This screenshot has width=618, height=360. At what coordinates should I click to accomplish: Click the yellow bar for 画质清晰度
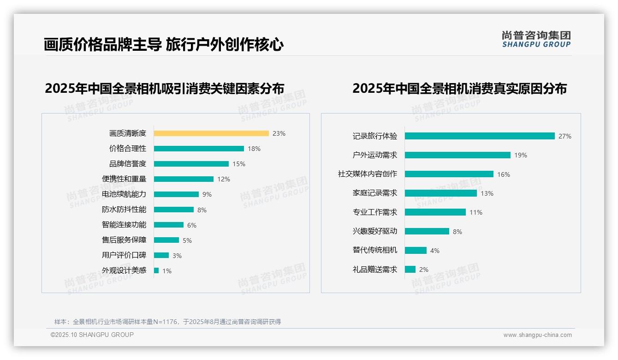pos(211,133)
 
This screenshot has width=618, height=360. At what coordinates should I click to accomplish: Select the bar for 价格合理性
pos(199,149)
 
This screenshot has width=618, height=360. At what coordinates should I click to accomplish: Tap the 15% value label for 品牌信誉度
pos(239,164)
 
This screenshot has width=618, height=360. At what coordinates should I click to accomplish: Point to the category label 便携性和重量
pos(124,179)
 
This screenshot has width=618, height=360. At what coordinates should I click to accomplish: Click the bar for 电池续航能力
pos(176,194)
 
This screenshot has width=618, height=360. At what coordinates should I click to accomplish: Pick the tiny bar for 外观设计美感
pos(156,270)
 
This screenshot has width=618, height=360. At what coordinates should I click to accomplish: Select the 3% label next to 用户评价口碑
pos(177,256)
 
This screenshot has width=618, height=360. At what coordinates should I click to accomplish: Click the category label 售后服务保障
pos(124,240)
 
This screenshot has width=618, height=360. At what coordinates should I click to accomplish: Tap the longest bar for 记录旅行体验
pos(480,136)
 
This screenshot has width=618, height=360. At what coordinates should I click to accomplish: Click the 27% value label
pos(565,136)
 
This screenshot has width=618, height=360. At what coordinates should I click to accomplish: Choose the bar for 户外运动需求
pos(458,155)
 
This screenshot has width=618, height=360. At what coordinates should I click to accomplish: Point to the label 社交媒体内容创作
pos(368,174)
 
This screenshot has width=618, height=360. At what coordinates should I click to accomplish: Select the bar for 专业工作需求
pos(435,212)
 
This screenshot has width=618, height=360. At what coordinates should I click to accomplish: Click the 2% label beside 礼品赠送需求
pos(424,270)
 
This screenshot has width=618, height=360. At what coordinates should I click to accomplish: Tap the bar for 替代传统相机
pos(416,250)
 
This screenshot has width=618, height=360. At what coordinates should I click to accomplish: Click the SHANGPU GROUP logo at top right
pos(536,39)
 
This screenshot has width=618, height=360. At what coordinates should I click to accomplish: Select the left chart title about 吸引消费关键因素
pos(164,89)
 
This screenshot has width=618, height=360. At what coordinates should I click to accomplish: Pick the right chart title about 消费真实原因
pos(459,89)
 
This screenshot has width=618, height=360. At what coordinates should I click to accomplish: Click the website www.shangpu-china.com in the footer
pos(537,335)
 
